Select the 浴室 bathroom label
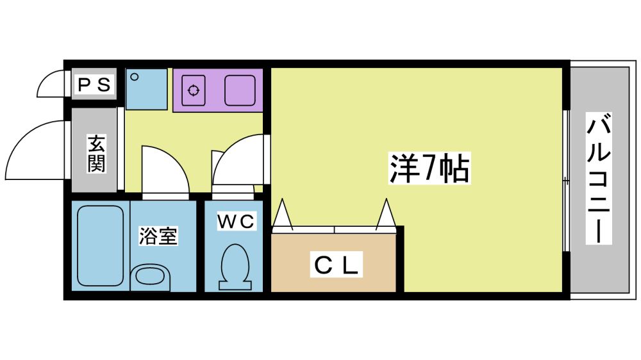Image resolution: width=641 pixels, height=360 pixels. [158, 236]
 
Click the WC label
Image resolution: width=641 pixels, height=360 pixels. [236, 222]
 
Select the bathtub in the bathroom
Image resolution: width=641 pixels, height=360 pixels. [100, 246]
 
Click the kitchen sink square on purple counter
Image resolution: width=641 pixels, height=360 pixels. [240, 90]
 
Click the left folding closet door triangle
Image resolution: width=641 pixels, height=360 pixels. [283, 215]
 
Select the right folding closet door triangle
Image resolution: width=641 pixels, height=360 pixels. [387, 215]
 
